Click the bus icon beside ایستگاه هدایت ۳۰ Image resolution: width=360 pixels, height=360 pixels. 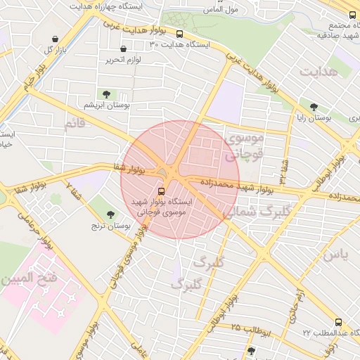click(x=179, y=33)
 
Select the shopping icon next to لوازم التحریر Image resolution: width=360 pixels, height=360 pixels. click(x=124, y=49)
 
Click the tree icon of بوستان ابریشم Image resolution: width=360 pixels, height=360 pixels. click(x=106, y=94)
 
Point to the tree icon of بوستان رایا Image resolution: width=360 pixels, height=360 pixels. click(x=314, y=107)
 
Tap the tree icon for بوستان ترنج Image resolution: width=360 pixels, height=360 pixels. click(x=110, y=214)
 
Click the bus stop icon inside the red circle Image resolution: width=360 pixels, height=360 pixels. click(x=162, y=190)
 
